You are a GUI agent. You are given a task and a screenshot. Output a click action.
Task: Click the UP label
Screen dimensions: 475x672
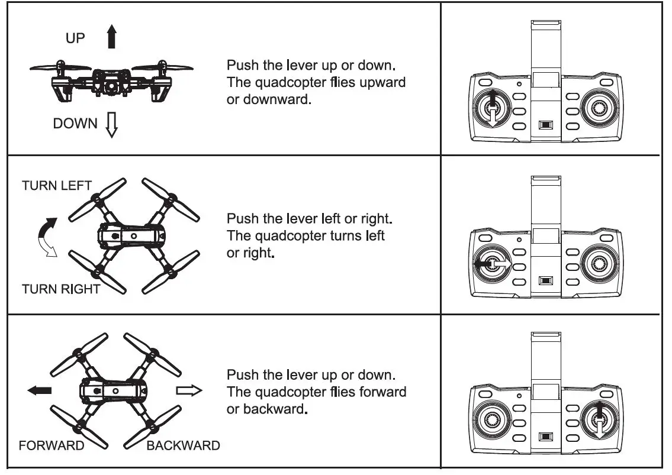click(x=75, y=38)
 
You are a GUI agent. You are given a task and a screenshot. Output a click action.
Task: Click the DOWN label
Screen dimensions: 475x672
click(x=75, y=124)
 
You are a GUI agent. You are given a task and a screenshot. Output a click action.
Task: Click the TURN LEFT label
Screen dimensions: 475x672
click(x=57, y=186)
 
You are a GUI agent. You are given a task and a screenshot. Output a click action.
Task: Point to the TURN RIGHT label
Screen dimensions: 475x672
click(x=61, y=289)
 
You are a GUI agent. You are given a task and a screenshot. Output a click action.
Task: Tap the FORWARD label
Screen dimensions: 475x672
click(x=52, y=446)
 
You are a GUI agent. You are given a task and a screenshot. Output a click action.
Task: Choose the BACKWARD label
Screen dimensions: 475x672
click(x=183, y=446)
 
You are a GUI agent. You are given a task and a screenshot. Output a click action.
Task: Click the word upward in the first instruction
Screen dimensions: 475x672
click(x=382, y=82)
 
